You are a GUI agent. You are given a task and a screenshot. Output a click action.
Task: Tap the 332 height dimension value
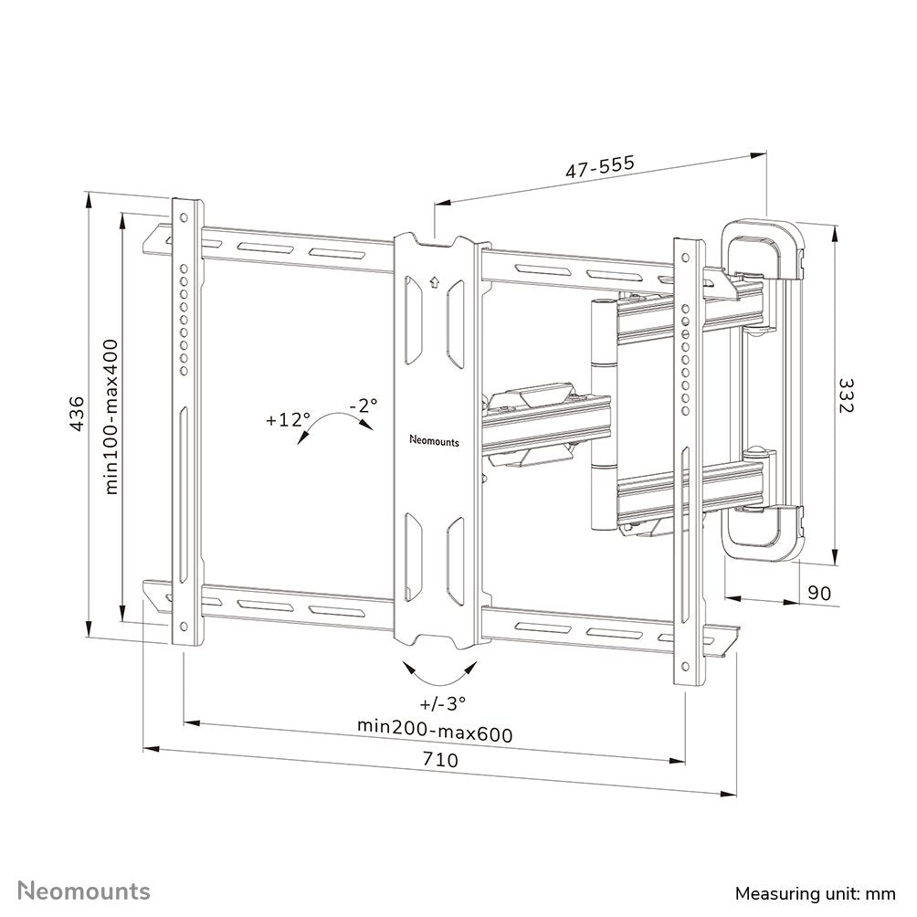tap(845, 394)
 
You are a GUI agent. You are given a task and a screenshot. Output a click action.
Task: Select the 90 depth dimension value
tap(821, 593)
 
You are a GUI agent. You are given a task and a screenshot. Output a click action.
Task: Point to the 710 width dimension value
tap(439, 759)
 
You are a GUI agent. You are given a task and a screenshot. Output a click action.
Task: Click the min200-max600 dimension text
tap(434, 733)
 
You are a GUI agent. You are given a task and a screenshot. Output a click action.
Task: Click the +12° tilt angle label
tap(289, 421)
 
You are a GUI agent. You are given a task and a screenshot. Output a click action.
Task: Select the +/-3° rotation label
tap(443, 703)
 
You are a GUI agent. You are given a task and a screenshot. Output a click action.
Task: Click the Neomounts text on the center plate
tap(436, 439)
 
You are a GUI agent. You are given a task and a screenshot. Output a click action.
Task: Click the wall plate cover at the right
tap(764, 388)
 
